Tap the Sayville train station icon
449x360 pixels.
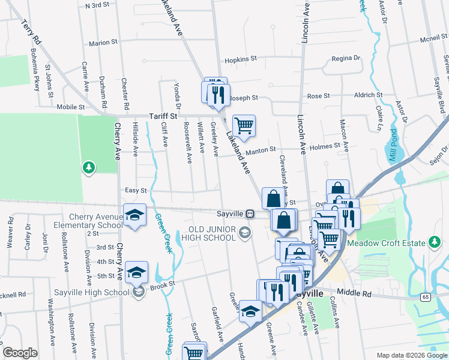249,213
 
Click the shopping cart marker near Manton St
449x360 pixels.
244,126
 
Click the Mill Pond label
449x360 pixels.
392,144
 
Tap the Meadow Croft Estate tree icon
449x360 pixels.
433,242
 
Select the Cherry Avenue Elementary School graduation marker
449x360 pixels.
135,215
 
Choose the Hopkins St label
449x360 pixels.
240,60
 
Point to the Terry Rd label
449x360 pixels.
30,34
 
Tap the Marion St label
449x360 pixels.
103,43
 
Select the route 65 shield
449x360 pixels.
425,296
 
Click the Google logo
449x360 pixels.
20,353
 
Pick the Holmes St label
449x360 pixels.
325,145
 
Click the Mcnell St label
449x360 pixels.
434,37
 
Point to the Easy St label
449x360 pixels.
136,190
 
